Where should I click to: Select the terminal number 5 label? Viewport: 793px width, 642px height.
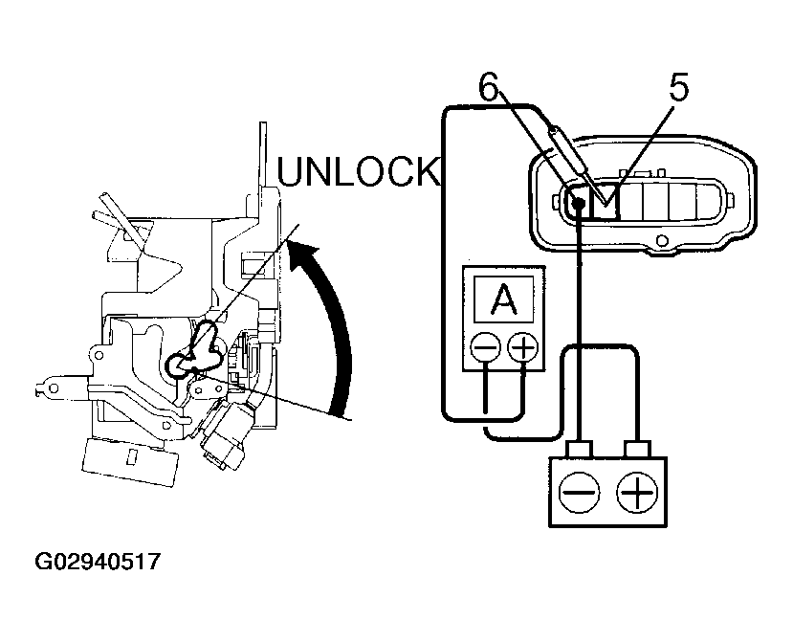point(677,89)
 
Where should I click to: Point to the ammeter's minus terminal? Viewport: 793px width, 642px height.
point(487,346)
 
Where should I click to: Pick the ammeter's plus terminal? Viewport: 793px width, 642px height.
point(522,346)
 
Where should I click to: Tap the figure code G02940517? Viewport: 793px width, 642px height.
point(98,561)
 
